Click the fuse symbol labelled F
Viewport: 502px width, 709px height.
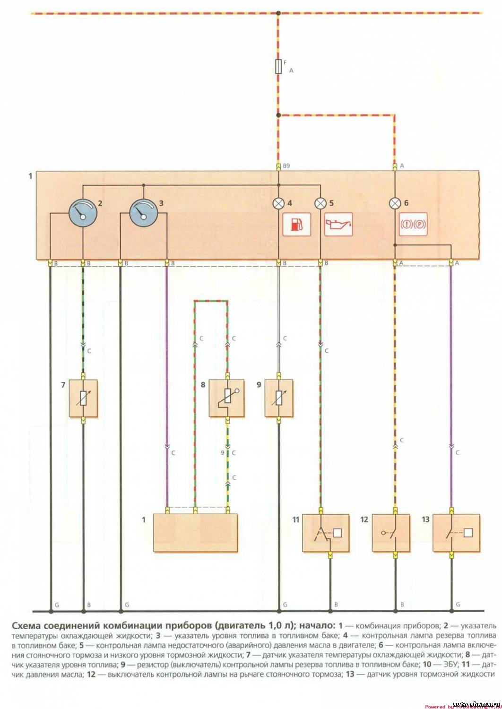click(278, 67)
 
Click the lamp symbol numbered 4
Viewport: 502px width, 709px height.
click(278, 204)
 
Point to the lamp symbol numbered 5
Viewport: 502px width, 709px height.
click(321, 204)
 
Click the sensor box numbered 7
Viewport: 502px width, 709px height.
click(83, 398)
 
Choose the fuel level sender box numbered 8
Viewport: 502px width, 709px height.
click(227, 398)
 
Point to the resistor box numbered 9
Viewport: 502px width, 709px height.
click(278, 398)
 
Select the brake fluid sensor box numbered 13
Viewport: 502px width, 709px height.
click(456, 533)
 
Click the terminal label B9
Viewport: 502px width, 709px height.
click(286, 166)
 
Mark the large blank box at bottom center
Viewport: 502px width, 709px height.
click(196, 533)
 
